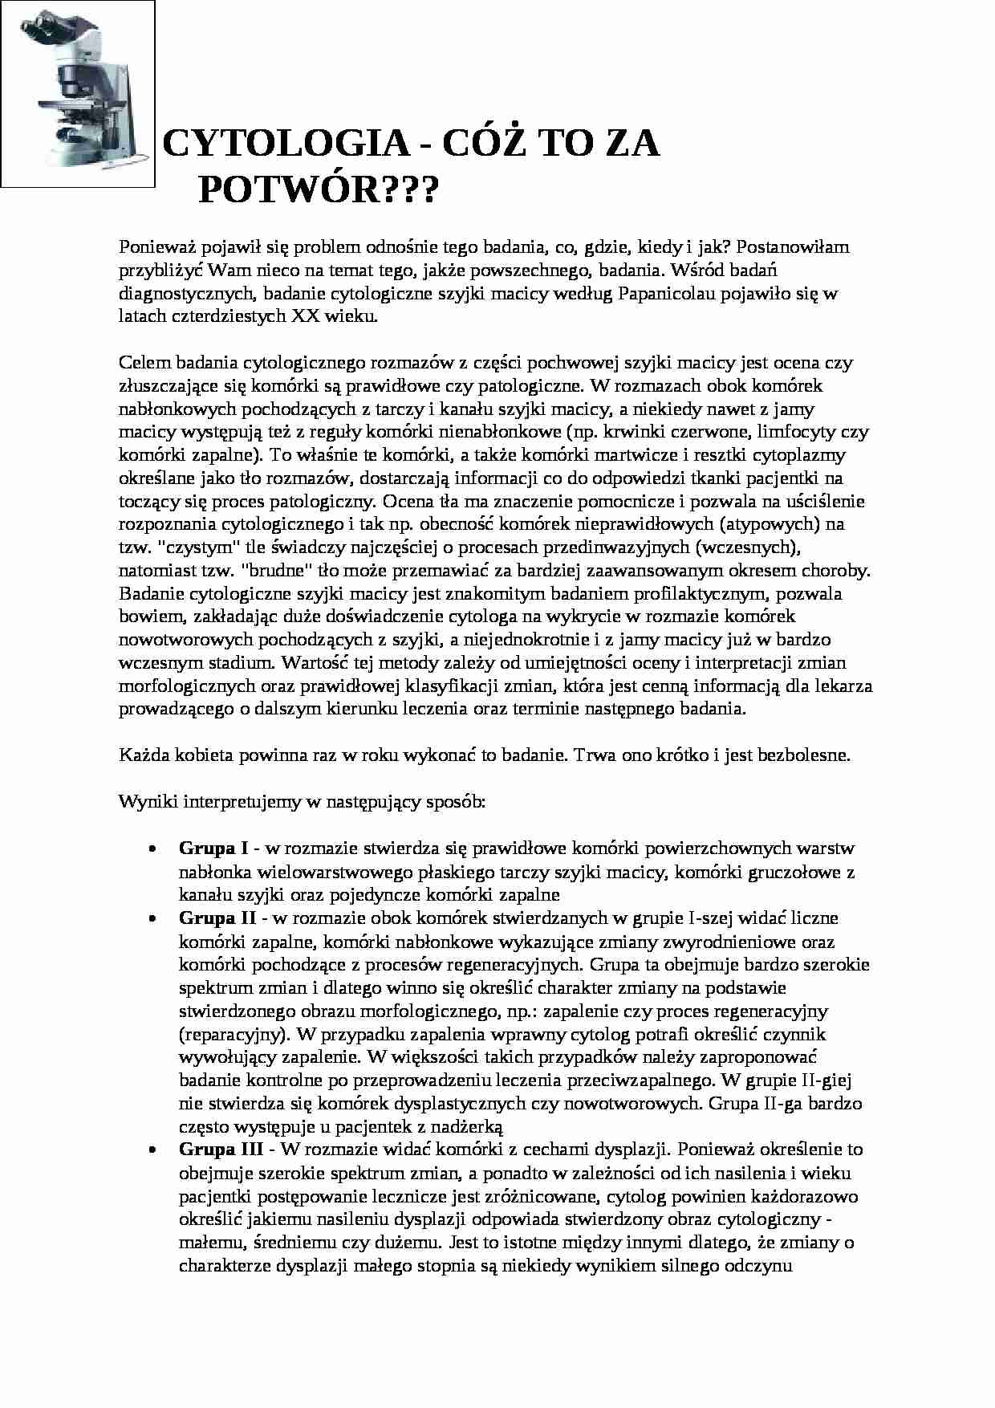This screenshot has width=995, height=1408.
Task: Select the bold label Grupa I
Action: coord(213,848)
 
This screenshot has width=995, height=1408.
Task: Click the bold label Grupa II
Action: coord(217,918)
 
